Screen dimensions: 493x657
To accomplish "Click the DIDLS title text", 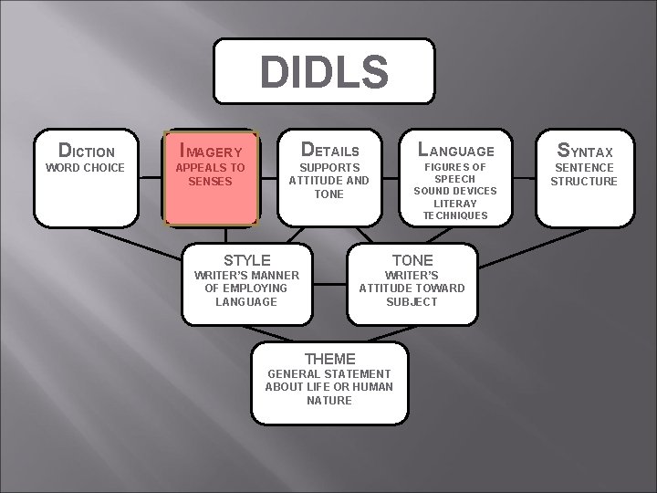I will (x=324, y=73).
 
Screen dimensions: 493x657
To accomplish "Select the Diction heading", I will (x=87, y=151).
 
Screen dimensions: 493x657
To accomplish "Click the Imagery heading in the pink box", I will (x=211, y=151).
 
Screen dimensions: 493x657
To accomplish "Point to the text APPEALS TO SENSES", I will (x=211, y=174).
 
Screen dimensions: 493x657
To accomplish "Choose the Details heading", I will (x=328, y=150).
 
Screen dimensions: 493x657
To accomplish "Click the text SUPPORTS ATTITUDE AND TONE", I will (x=328, y=181).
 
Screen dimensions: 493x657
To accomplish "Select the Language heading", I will (x=455, y=150).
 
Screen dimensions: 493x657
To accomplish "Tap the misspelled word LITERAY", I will (x=455, y=203).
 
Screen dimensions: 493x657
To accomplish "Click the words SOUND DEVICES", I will (x=455, y=191).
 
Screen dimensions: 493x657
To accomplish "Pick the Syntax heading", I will (x=584, y=150).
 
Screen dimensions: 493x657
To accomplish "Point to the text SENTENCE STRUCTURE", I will (x=584, y=174).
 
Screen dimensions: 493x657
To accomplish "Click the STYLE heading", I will (x=246, y=260).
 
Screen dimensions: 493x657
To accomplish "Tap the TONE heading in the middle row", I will (x=412, y=260).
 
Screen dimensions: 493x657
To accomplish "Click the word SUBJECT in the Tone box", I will (x=412, y=301).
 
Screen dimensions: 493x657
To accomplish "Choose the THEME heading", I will (x=329, y=359).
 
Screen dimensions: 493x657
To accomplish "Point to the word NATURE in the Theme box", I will (x=329, y=400).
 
